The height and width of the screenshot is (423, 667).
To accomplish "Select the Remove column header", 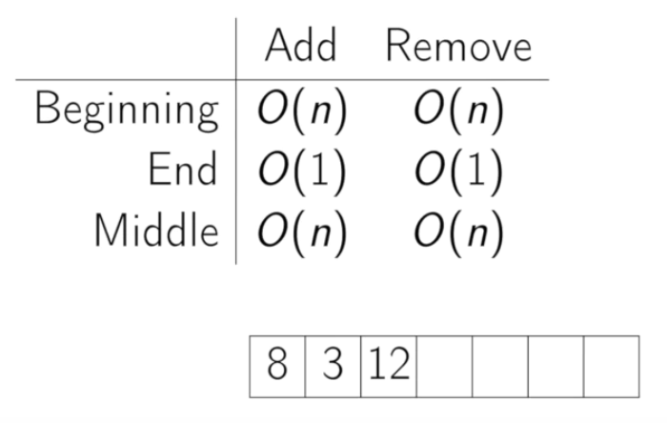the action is pos(458,46).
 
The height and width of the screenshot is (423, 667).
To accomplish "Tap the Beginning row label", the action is pos(127,111).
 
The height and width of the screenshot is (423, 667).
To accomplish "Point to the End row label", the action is pos(183,171).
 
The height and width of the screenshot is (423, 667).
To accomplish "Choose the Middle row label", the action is pos(155,230).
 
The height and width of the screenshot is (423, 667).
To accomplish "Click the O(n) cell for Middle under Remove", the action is pos(458,231).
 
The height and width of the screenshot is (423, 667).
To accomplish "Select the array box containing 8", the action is pos(277,367).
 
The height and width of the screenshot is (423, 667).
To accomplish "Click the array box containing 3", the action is pos(333,367).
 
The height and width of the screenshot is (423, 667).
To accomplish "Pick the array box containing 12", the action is pos(388,367).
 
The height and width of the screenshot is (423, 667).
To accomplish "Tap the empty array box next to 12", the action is pos(444,367).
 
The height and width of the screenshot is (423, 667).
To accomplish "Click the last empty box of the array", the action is pos(611,367).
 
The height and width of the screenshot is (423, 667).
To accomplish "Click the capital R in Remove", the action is pos(397,46).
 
